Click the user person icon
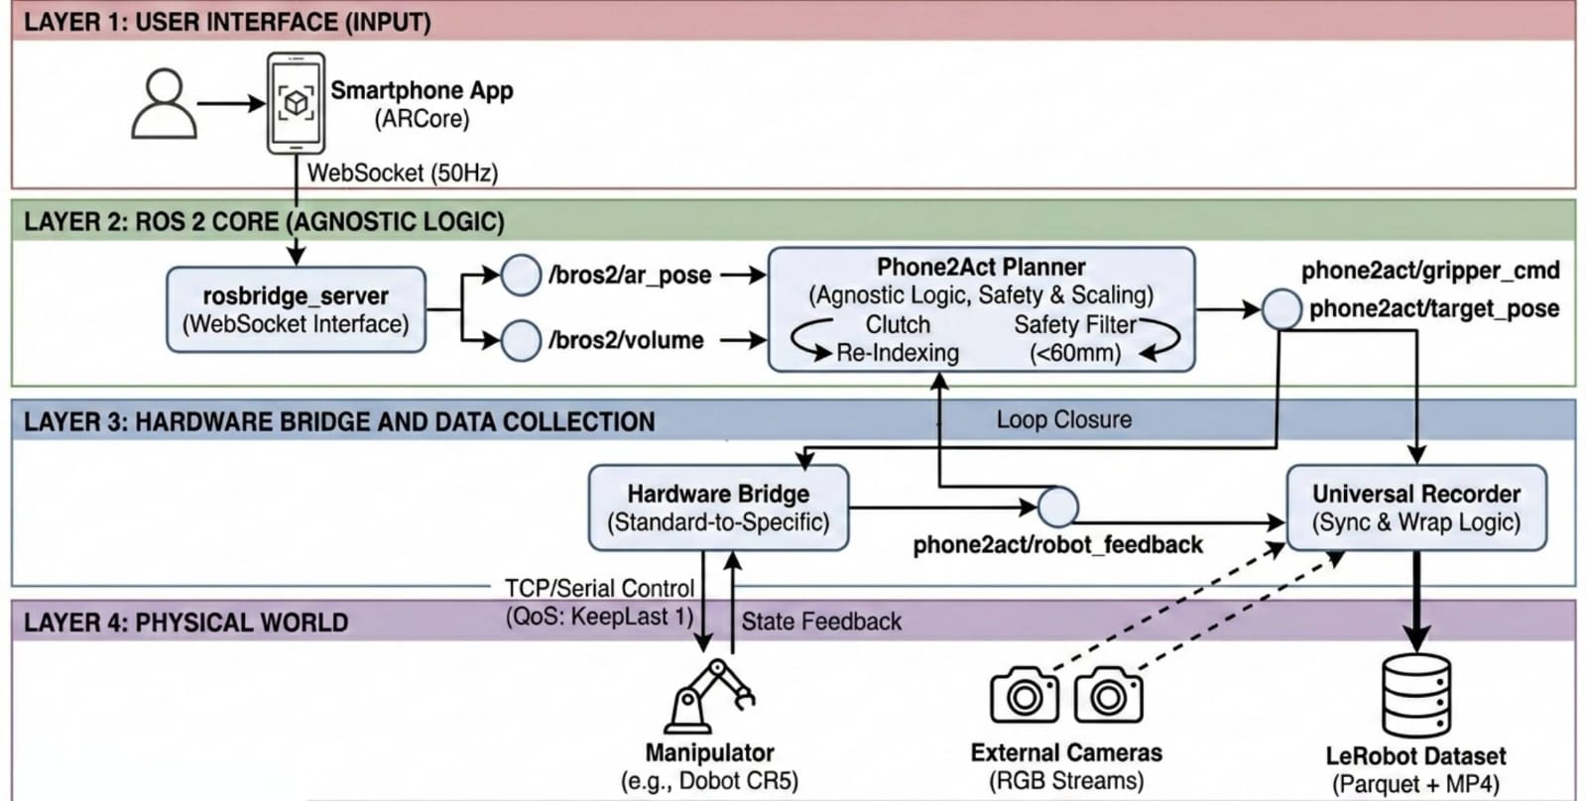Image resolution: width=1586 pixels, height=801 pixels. point(164,103)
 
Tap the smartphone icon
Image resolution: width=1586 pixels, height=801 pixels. point(296,103)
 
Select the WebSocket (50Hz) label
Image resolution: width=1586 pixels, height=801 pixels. point(402,172)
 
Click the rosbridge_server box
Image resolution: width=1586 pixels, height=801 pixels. point(296,309)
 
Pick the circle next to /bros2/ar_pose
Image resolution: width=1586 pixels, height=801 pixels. point(520,275)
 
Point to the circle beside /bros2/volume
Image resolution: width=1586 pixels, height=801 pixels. point(520,340)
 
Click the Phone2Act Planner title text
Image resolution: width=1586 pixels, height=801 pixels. point(980,267)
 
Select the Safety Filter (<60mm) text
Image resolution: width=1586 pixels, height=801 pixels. point(1075,338)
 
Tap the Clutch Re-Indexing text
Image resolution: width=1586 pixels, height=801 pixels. point(898,338)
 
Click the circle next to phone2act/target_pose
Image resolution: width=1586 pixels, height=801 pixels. point(1281,309)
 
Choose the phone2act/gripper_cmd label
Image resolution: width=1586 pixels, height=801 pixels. point(1429,270)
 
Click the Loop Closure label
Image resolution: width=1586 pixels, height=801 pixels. point(1063,419)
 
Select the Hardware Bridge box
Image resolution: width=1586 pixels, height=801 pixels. point(718,508)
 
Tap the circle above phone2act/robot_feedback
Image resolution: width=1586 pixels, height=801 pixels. point(1057,507)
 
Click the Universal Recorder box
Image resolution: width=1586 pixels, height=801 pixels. point(1415,508)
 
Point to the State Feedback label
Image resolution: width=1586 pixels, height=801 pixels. point(821,622)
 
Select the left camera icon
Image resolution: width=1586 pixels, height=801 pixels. point(1024,695)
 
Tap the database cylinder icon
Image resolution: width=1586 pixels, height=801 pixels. point(1415,696)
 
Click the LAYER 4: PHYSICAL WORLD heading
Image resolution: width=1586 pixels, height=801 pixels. point(185,623)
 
